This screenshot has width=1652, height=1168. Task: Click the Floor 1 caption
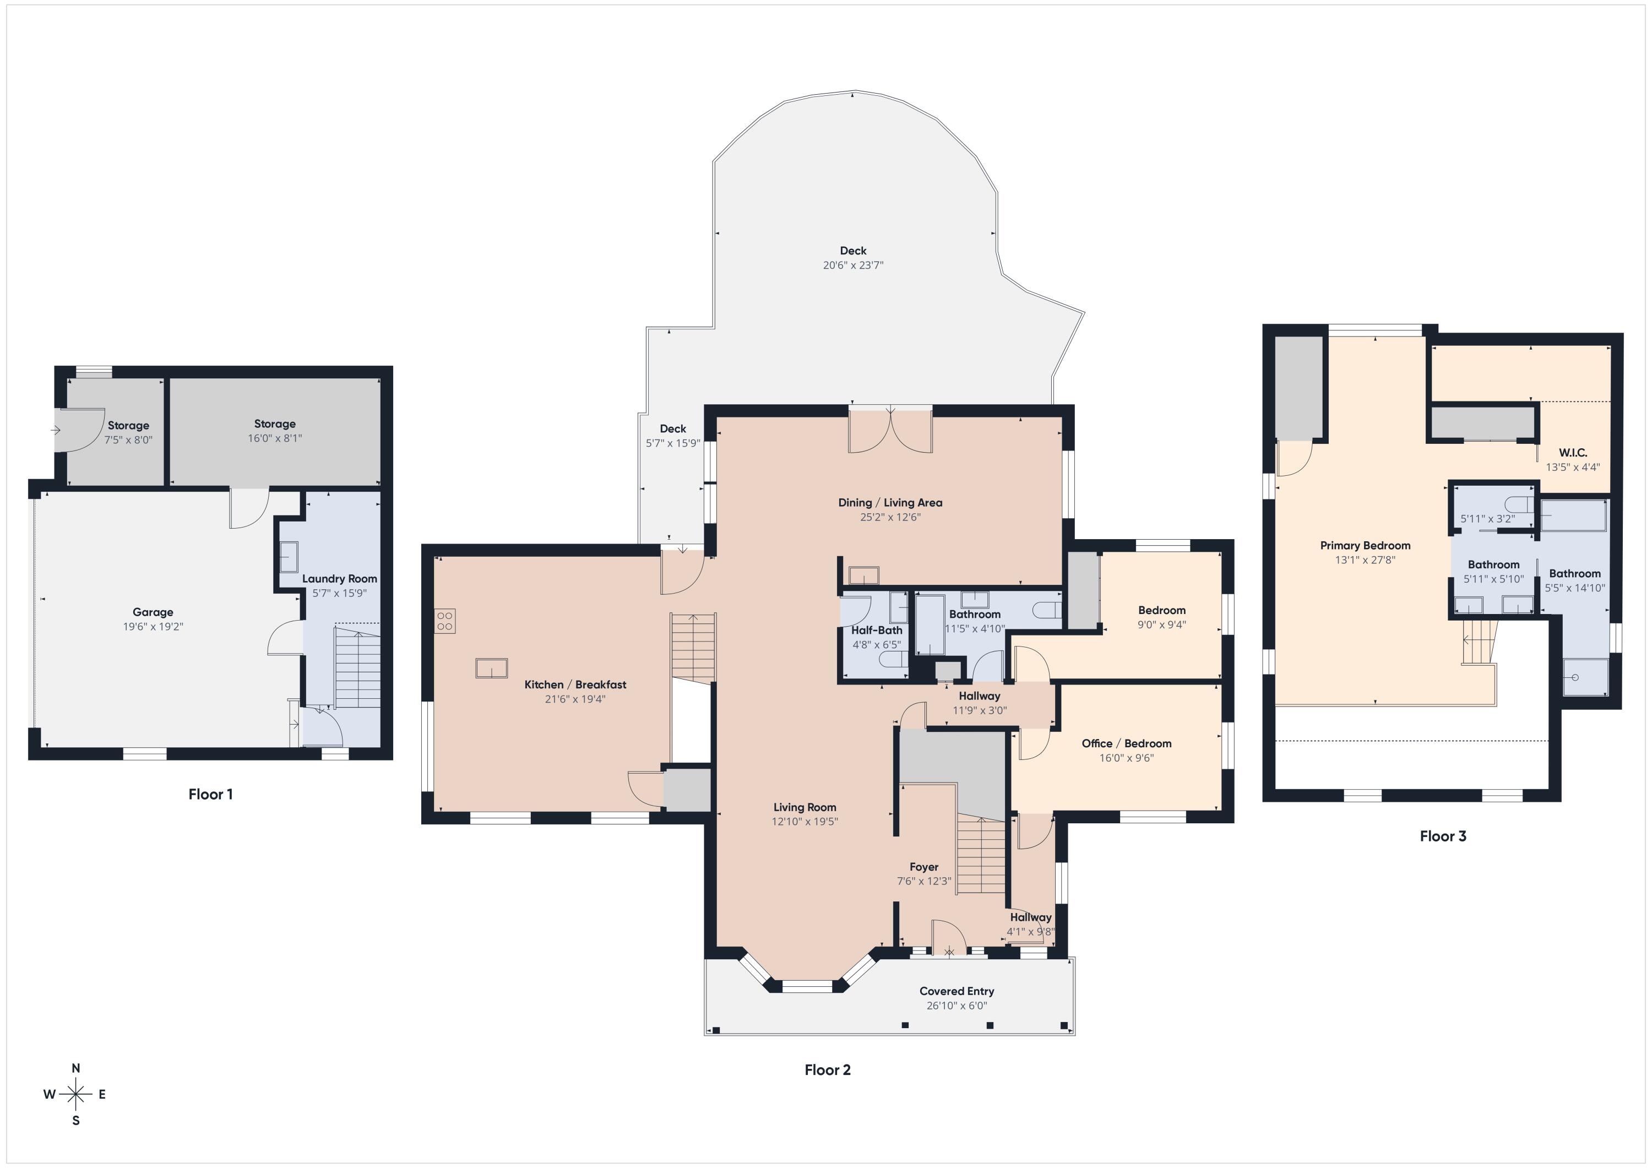tap(210, 795)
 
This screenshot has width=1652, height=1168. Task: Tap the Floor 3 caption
tap(1443, 836)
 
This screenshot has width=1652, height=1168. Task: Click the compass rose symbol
tap(75, 1095)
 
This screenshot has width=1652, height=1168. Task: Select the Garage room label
tap(153, 612)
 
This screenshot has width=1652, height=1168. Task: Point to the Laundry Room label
tap(340, 579)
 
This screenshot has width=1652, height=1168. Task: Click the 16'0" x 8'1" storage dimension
tap(275, 438)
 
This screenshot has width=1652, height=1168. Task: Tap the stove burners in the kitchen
tap(444, 621)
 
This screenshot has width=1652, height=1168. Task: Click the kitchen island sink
tap(491, 669)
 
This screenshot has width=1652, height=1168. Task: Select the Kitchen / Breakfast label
tap(575, 684)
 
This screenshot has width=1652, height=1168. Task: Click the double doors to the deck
tap(891, 430)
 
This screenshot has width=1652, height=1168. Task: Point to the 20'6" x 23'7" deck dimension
tap(854, 265)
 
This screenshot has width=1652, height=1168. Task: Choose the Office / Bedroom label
tap(1126, 743)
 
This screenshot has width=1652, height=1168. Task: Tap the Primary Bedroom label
tap(1365, 546)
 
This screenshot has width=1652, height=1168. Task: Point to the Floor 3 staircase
tap(1479, 642)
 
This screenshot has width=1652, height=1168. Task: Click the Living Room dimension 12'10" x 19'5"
tap(805, 821)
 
